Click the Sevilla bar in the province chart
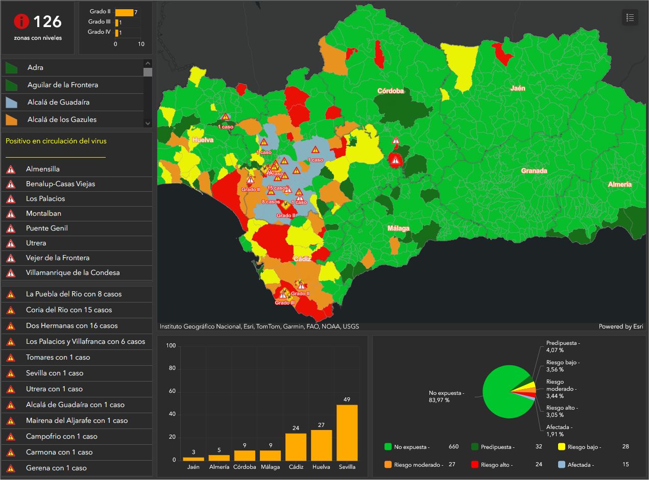[347, 433]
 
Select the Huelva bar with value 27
[321, 445]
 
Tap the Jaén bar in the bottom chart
[194, 459]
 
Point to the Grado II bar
[125, 13]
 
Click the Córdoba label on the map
[391, 91]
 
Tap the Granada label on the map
[534, 171]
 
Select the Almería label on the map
[620, 185]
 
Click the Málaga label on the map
[398, 229]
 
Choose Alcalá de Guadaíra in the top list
[59, 103]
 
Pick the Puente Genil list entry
[47, 229]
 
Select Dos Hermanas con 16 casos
[71, 325]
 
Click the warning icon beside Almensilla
[11, 169]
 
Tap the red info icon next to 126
[21, 21]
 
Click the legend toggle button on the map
[630, 17]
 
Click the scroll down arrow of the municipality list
[148, 123]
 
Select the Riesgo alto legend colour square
[474, 465]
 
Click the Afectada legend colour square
[562, 465]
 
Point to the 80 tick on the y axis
[172, 368]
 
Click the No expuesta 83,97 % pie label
[446, 396]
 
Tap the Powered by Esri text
[621, 326]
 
